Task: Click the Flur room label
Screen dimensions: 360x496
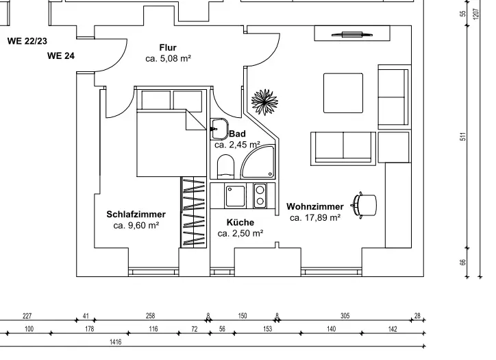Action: (168, 47)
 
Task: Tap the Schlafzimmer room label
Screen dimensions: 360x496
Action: (136, 215)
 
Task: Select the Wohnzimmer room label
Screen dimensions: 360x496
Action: (315, 206)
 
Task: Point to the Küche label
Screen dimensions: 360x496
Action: (240, 222)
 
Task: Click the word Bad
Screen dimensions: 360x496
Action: (237, 134)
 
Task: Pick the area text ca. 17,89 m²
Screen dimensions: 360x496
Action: (315, 218)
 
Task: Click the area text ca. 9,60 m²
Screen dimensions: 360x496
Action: (136, 226)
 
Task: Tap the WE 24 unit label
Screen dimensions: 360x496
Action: (61, 56)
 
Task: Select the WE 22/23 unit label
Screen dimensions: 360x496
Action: (27, 41)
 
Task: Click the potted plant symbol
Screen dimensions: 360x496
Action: (264, 103)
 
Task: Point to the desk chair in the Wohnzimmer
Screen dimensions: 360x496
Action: (364, 204)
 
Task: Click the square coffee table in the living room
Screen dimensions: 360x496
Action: (343, 93)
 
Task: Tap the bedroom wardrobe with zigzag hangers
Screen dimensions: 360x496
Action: (194, 211)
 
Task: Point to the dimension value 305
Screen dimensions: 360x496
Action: (345, 316)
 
